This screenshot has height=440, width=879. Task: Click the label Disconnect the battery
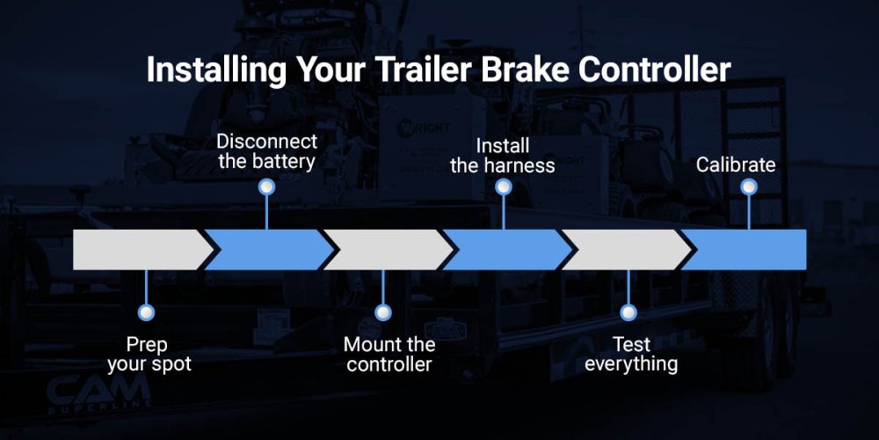point(266,151)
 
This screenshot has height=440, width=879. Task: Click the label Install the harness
point(503,155)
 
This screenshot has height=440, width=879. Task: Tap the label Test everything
point(630,353)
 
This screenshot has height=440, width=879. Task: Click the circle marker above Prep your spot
point(147,312)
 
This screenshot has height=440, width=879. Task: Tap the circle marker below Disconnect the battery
point(267,187)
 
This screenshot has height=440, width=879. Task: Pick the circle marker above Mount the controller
point(383,312)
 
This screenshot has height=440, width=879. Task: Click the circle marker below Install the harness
point(503,187)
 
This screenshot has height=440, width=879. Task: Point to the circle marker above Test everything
point(628,312)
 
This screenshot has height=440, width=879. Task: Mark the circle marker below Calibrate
point(749,187)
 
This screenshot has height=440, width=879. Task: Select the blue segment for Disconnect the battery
point(268,249)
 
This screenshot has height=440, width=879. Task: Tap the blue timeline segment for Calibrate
point(752,249)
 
